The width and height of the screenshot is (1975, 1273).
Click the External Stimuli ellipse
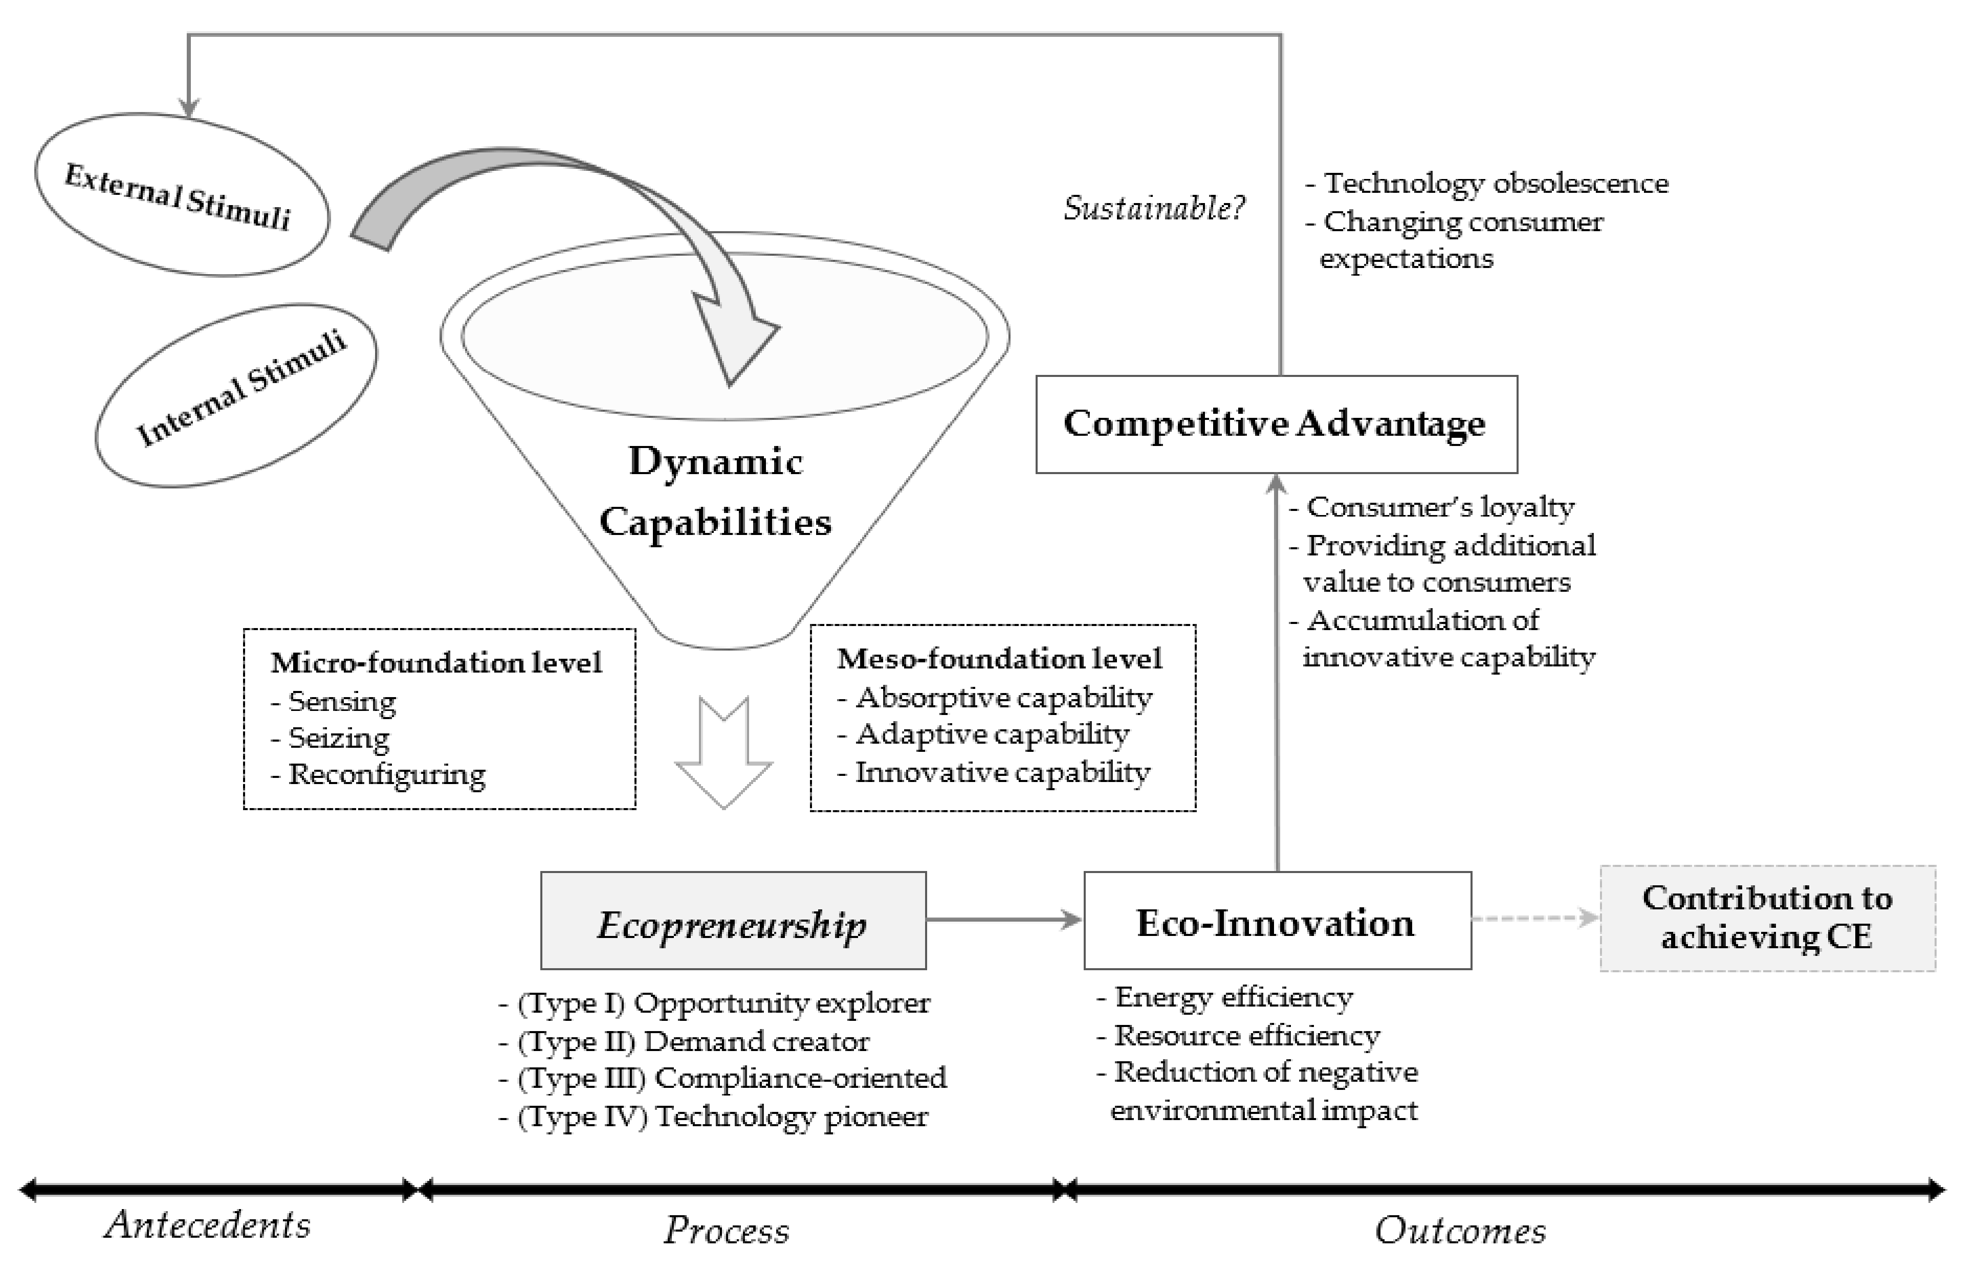pos(181,195)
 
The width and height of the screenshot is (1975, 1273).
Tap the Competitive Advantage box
pos(1276,424)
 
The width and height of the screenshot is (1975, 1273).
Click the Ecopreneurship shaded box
pos(733,920)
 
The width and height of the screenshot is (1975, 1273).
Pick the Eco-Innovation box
pos(1277,920)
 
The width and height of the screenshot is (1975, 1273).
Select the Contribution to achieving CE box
pos(1767,918)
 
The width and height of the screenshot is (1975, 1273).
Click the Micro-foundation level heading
pos(435,662)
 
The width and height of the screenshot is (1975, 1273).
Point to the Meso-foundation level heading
pos(999,659)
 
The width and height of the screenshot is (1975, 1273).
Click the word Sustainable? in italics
pos(1153,208)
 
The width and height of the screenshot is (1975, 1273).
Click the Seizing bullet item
pos(337,738)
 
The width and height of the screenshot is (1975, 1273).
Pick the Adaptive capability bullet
pos(991,734)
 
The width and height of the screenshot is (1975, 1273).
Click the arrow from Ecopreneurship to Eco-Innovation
pos(1003,919)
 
